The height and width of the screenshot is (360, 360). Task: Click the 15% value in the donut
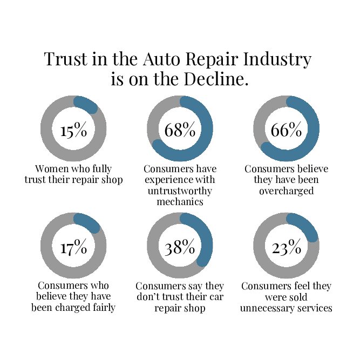(73, 131)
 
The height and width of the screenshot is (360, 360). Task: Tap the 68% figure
(180, 131)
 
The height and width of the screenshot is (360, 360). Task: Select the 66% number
(286, 131)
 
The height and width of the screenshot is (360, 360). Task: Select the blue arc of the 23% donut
(305, 227)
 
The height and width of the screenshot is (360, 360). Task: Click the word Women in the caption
(51, 168)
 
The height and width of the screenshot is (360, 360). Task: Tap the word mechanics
(180, 202)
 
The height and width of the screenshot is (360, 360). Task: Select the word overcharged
(286, 191)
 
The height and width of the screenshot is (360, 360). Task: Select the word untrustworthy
(180, 191)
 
